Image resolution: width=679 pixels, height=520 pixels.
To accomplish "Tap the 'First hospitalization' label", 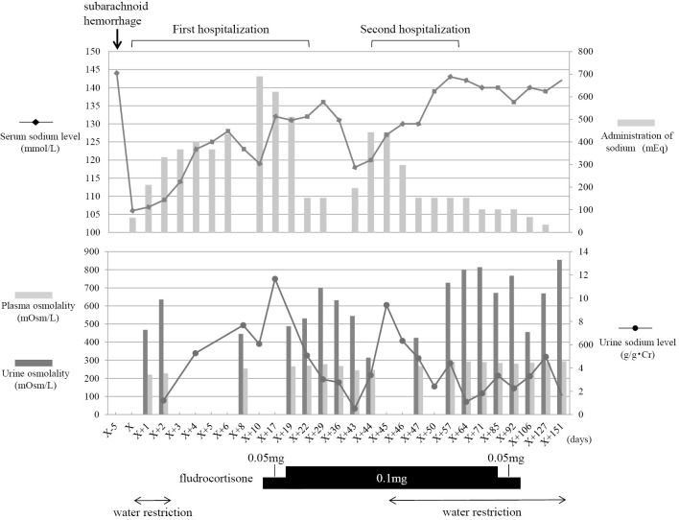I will (x=221, y=29).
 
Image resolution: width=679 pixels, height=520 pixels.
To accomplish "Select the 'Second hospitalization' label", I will (x=410, y=29).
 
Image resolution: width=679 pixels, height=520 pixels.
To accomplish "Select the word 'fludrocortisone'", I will (x=220, y=476).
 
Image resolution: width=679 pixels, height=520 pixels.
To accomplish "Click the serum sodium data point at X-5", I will (x=117, y=73).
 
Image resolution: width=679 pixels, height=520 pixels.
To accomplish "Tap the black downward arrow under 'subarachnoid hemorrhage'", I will (x=117, y=37).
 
